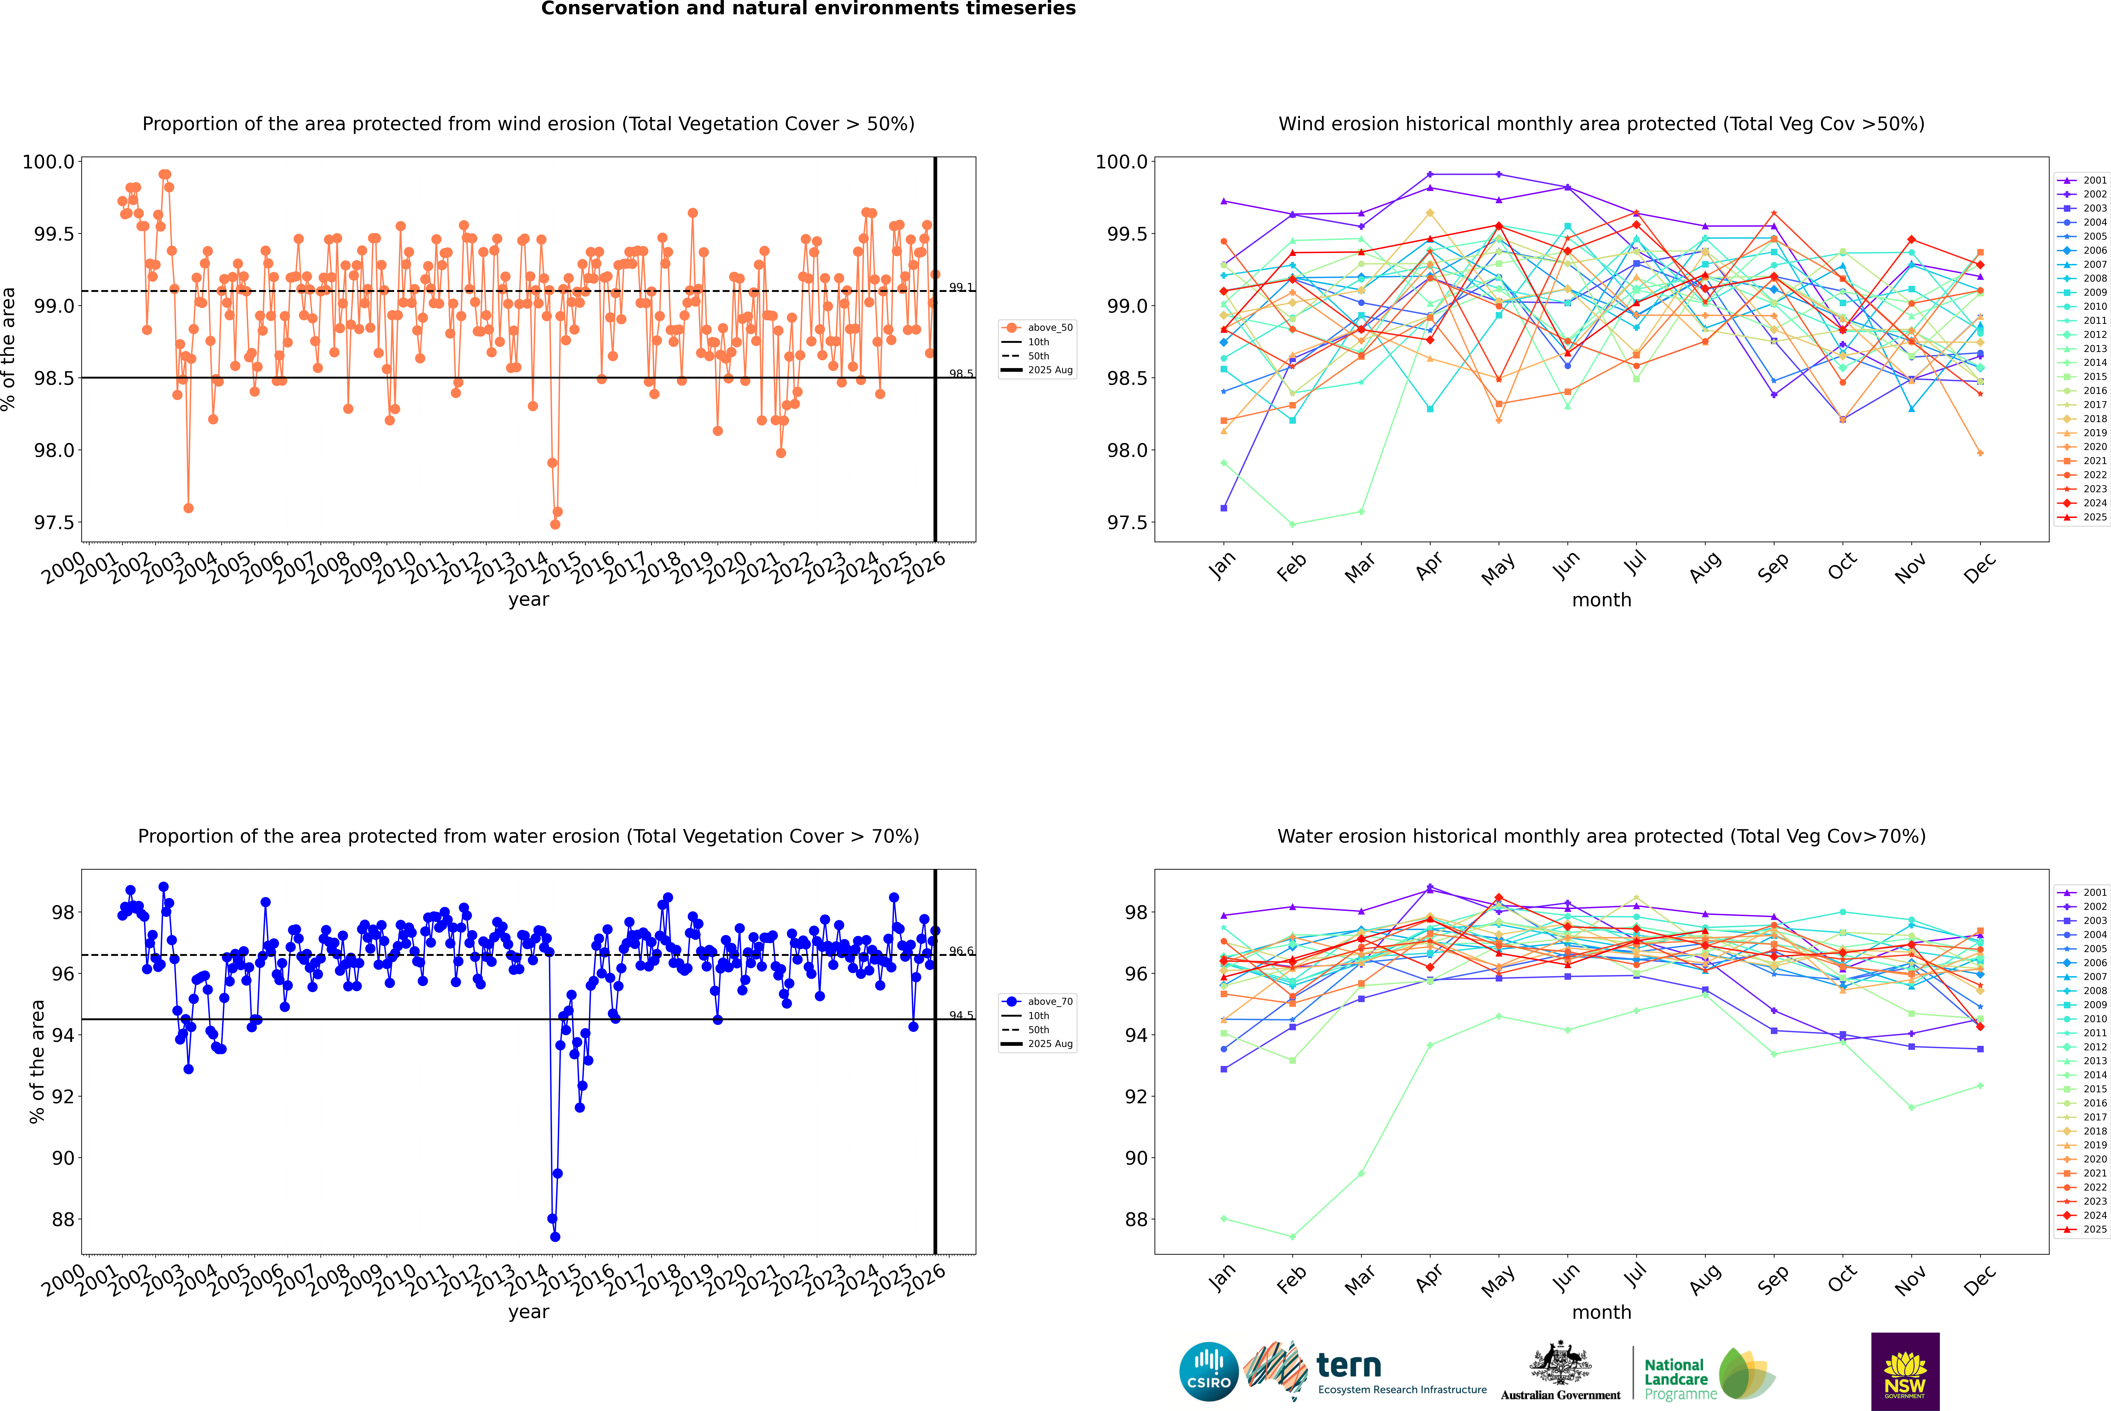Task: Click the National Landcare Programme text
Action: pyautogui.click(x=1676, y=1380)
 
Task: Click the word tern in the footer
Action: pyautogui.click(x=1348, y=1365)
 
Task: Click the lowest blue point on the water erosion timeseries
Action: pyautogui.click(x=555, y=1236)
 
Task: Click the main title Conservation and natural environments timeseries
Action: pyautogui.click(x=808, y=9)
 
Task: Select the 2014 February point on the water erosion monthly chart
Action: pyautogui.click(x=1292, y=1236)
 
